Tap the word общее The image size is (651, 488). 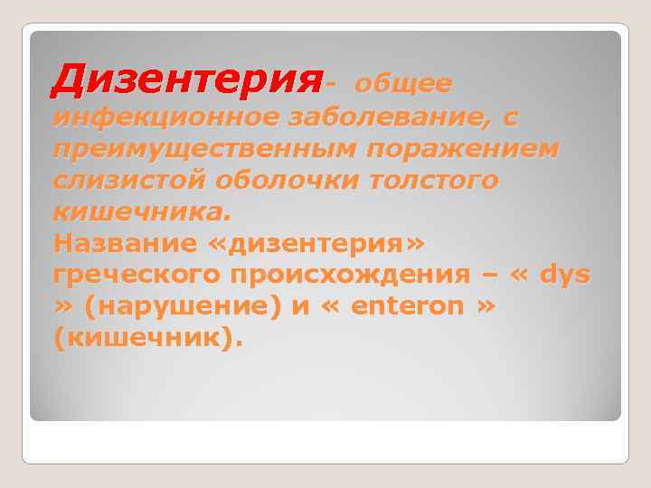click(403, 84)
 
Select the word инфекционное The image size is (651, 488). click(166, 117)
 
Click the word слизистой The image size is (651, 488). click(129, 181)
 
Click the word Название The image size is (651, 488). click(125, 244)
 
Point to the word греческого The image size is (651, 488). click(136, 276)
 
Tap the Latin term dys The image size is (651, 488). click(564, 276)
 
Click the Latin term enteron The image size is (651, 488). click(407, 307)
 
